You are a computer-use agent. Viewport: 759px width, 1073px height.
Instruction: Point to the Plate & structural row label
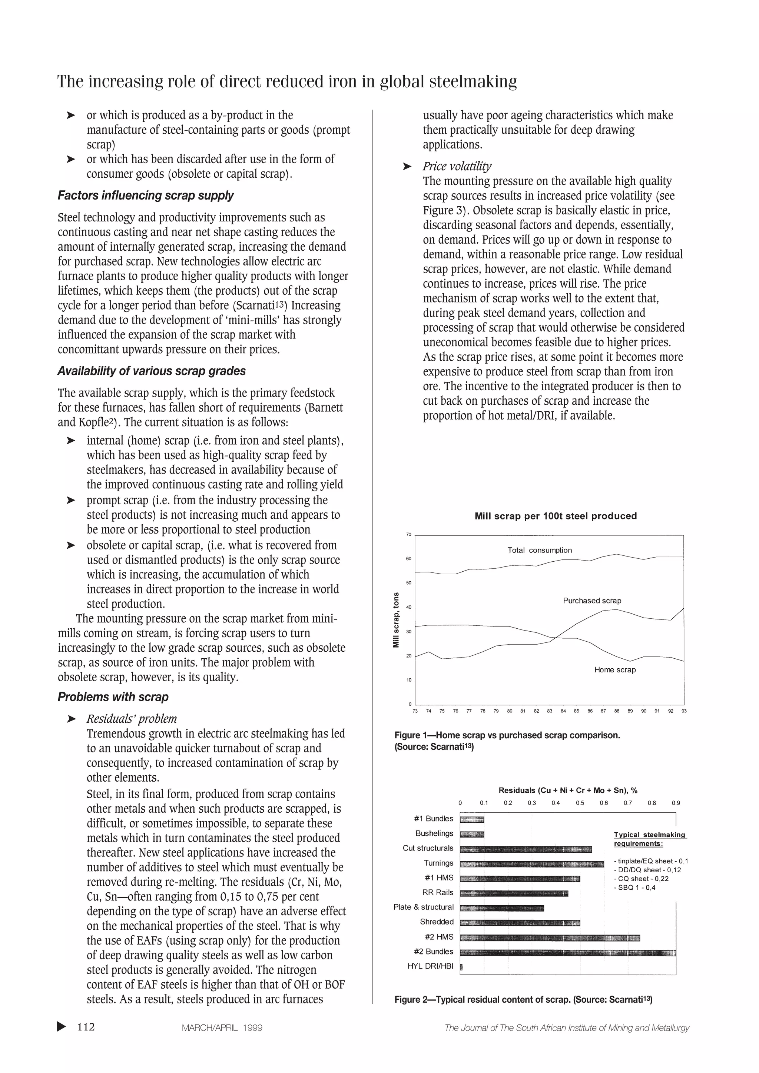(x=423, y=907)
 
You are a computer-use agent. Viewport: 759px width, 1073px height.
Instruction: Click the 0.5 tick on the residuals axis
(x=579, y=803)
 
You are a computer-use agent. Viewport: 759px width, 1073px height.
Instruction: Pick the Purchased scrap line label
(x=591, y=601)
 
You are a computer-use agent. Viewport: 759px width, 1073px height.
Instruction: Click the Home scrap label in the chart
(x=614, y=670)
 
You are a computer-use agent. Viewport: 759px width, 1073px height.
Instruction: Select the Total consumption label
(x=539, y=550)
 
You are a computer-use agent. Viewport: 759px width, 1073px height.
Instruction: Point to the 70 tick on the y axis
(x=408, y=535)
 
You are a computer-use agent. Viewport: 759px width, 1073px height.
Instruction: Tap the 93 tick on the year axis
(x=684, y=711)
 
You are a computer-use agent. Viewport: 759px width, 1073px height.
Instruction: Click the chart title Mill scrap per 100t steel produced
(x=555, y=516)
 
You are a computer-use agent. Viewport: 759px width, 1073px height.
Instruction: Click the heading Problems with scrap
(x=113, y=697)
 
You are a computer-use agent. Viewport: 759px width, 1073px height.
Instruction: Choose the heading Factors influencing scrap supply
(x=145, y=195)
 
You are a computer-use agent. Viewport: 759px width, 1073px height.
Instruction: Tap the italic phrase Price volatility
(x=457, y=166)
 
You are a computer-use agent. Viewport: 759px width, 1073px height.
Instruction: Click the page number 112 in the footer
(x=86, y=1027)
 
